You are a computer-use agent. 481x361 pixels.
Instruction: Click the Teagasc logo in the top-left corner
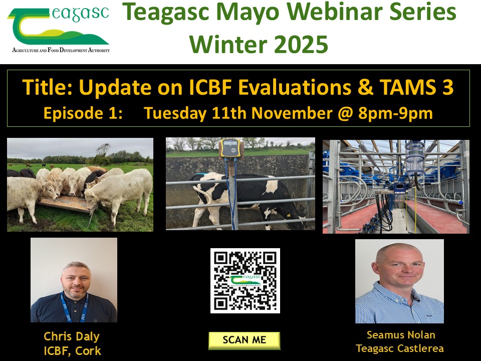coord(59,30)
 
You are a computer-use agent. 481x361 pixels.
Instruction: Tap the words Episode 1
coord(83,113)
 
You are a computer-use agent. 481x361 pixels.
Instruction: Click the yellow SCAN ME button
coord(245,339)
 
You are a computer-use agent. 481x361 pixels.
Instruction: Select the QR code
coord(245,280)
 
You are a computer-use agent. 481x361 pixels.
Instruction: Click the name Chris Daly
coord(72,336)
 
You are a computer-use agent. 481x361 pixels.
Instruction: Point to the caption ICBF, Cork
coord(72,350)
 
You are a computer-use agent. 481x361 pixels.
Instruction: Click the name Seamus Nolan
coord(400,335)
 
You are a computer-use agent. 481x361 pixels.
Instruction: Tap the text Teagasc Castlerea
coord(400,348)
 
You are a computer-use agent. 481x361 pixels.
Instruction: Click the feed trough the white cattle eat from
coord(66,204)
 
